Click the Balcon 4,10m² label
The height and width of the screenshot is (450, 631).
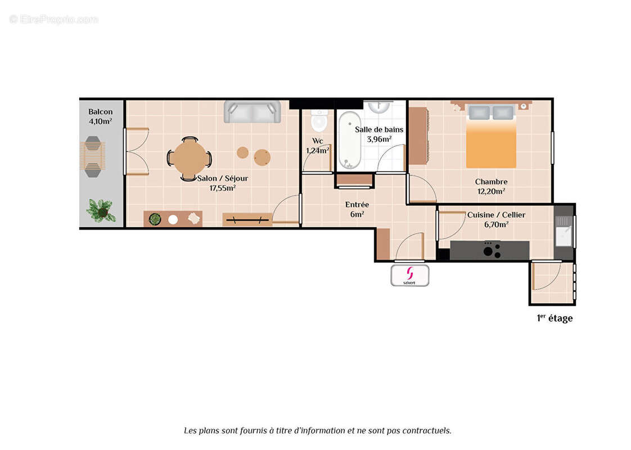click(100, 116)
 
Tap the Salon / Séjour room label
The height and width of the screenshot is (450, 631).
click(222, 183)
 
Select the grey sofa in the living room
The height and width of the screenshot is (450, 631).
click(252, 111)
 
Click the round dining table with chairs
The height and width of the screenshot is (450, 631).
click(190, 159)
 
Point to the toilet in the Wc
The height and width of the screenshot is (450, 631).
click(319, 120)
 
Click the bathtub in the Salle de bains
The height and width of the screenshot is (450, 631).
click(349, 140)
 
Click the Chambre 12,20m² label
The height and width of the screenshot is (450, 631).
click(491, 186)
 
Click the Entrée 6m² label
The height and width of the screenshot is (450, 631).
click(357, 209)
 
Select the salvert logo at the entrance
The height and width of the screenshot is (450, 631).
click(410, 275)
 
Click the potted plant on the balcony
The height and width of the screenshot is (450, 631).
click(101, 211)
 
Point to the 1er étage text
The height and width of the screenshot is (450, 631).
click(555, 318)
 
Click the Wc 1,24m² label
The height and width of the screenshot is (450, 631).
click(317, 146)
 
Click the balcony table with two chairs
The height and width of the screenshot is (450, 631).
click(92, 156)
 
